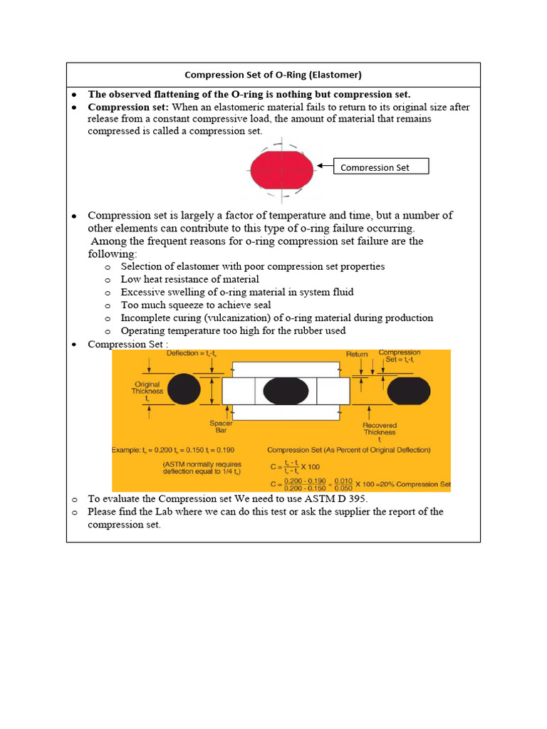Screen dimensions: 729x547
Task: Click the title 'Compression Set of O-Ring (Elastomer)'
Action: [x=273, y=75]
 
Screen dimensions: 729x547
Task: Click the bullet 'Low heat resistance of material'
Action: [x=189, y=279]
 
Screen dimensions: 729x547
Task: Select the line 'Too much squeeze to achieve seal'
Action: [x=195, y=305]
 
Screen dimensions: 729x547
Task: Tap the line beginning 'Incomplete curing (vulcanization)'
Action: [x=276, y=318]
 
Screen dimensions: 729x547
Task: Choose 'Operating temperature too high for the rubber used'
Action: [x=233, y=330]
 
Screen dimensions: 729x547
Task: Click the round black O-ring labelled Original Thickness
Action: [x=184, y=389]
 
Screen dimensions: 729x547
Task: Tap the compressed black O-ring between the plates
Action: [x=286, y=392]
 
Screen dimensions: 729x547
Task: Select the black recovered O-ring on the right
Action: [x=408, y=391]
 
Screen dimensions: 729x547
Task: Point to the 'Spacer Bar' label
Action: [x=221, y=427]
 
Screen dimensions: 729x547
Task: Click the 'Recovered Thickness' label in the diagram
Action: [x=380, y=430]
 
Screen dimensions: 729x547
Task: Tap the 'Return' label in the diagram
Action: [x=357, y=354]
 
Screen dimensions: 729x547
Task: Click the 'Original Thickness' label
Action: [x=147, y=391]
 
